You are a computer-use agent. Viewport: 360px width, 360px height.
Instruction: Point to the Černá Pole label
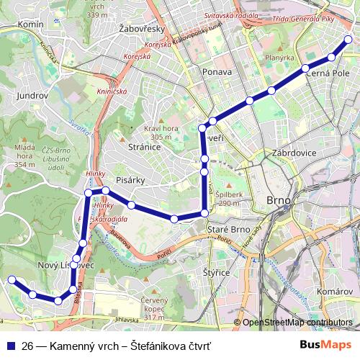coord(328,73)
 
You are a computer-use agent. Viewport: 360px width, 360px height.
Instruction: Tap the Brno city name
coord(278,199)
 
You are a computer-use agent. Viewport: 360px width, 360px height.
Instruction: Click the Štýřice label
coord(216,273)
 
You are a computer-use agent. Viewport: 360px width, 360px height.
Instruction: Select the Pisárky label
coord(131,181)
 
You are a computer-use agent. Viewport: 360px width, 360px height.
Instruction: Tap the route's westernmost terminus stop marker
coord(11,280)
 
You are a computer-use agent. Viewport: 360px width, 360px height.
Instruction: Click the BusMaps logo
coord(326,345)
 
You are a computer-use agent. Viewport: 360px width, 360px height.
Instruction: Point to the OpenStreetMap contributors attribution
coord(297,323)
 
